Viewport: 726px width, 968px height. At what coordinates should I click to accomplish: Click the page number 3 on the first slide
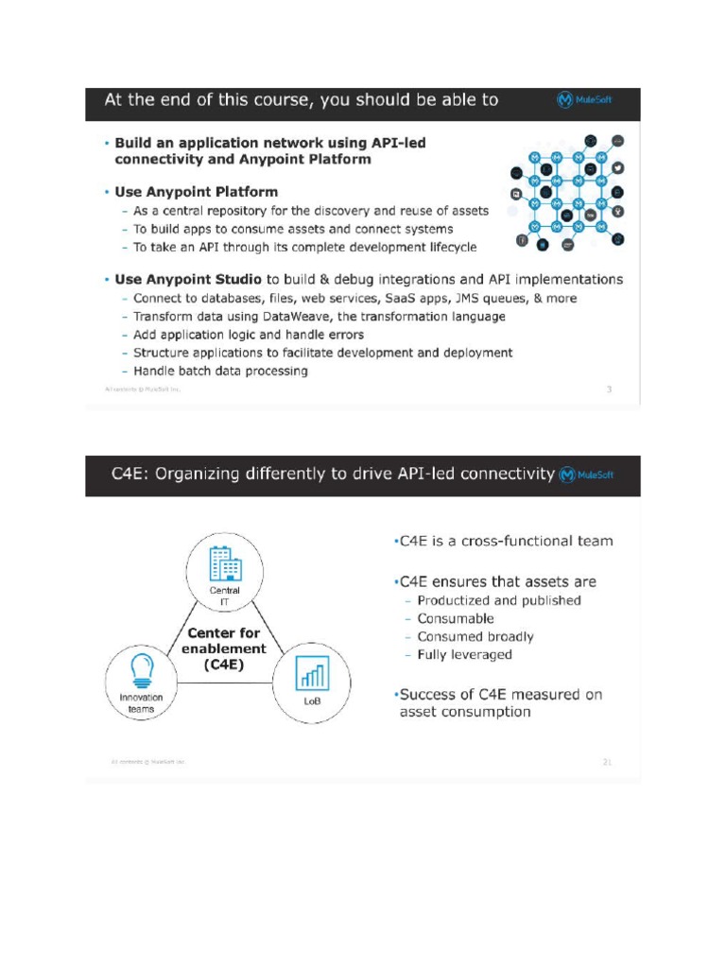click(609, 389)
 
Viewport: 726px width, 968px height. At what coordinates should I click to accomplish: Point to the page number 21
click(607, 761)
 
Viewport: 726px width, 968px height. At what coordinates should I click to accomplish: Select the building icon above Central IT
click(225, 564)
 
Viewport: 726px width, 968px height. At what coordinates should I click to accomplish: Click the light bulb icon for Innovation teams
click(142, 670)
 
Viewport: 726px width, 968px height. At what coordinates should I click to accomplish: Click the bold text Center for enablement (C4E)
click(224, 648)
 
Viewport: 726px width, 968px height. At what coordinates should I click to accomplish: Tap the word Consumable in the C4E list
click(456, 618)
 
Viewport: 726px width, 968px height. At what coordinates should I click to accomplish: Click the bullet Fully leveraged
click(464, 654)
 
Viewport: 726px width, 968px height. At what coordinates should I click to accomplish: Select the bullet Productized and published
click(498, 600)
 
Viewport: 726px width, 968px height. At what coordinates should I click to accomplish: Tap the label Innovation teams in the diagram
click(141, 703)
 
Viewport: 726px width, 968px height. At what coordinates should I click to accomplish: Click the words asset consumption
click(464, 712)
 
